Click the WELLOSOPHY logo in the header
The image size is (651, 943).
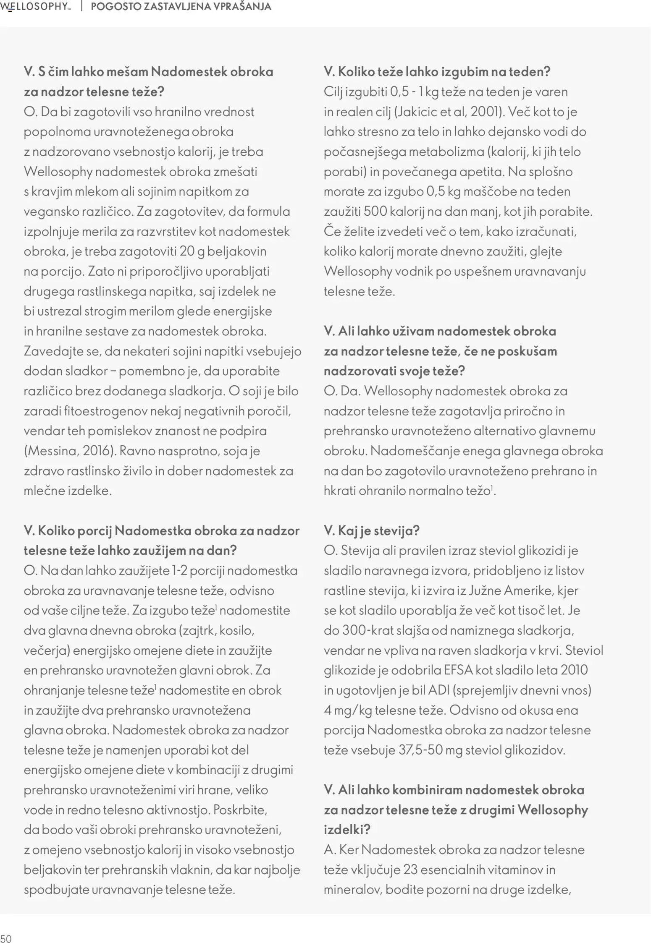(x=35, y=6)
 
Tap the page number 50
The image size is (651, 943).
(x=6, y=939)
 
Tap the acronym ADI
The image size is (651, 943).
(x=439, y=690)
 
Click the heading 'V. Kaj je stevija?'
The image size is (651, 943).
(x=371, y=530)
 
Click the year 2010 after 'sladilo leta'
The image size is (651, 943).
(x=574, y=670)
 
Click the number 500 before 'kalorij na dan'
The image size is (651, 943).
(x=375, y=212)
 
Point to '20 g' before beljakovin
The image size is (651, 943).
(x=192, y=251)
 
